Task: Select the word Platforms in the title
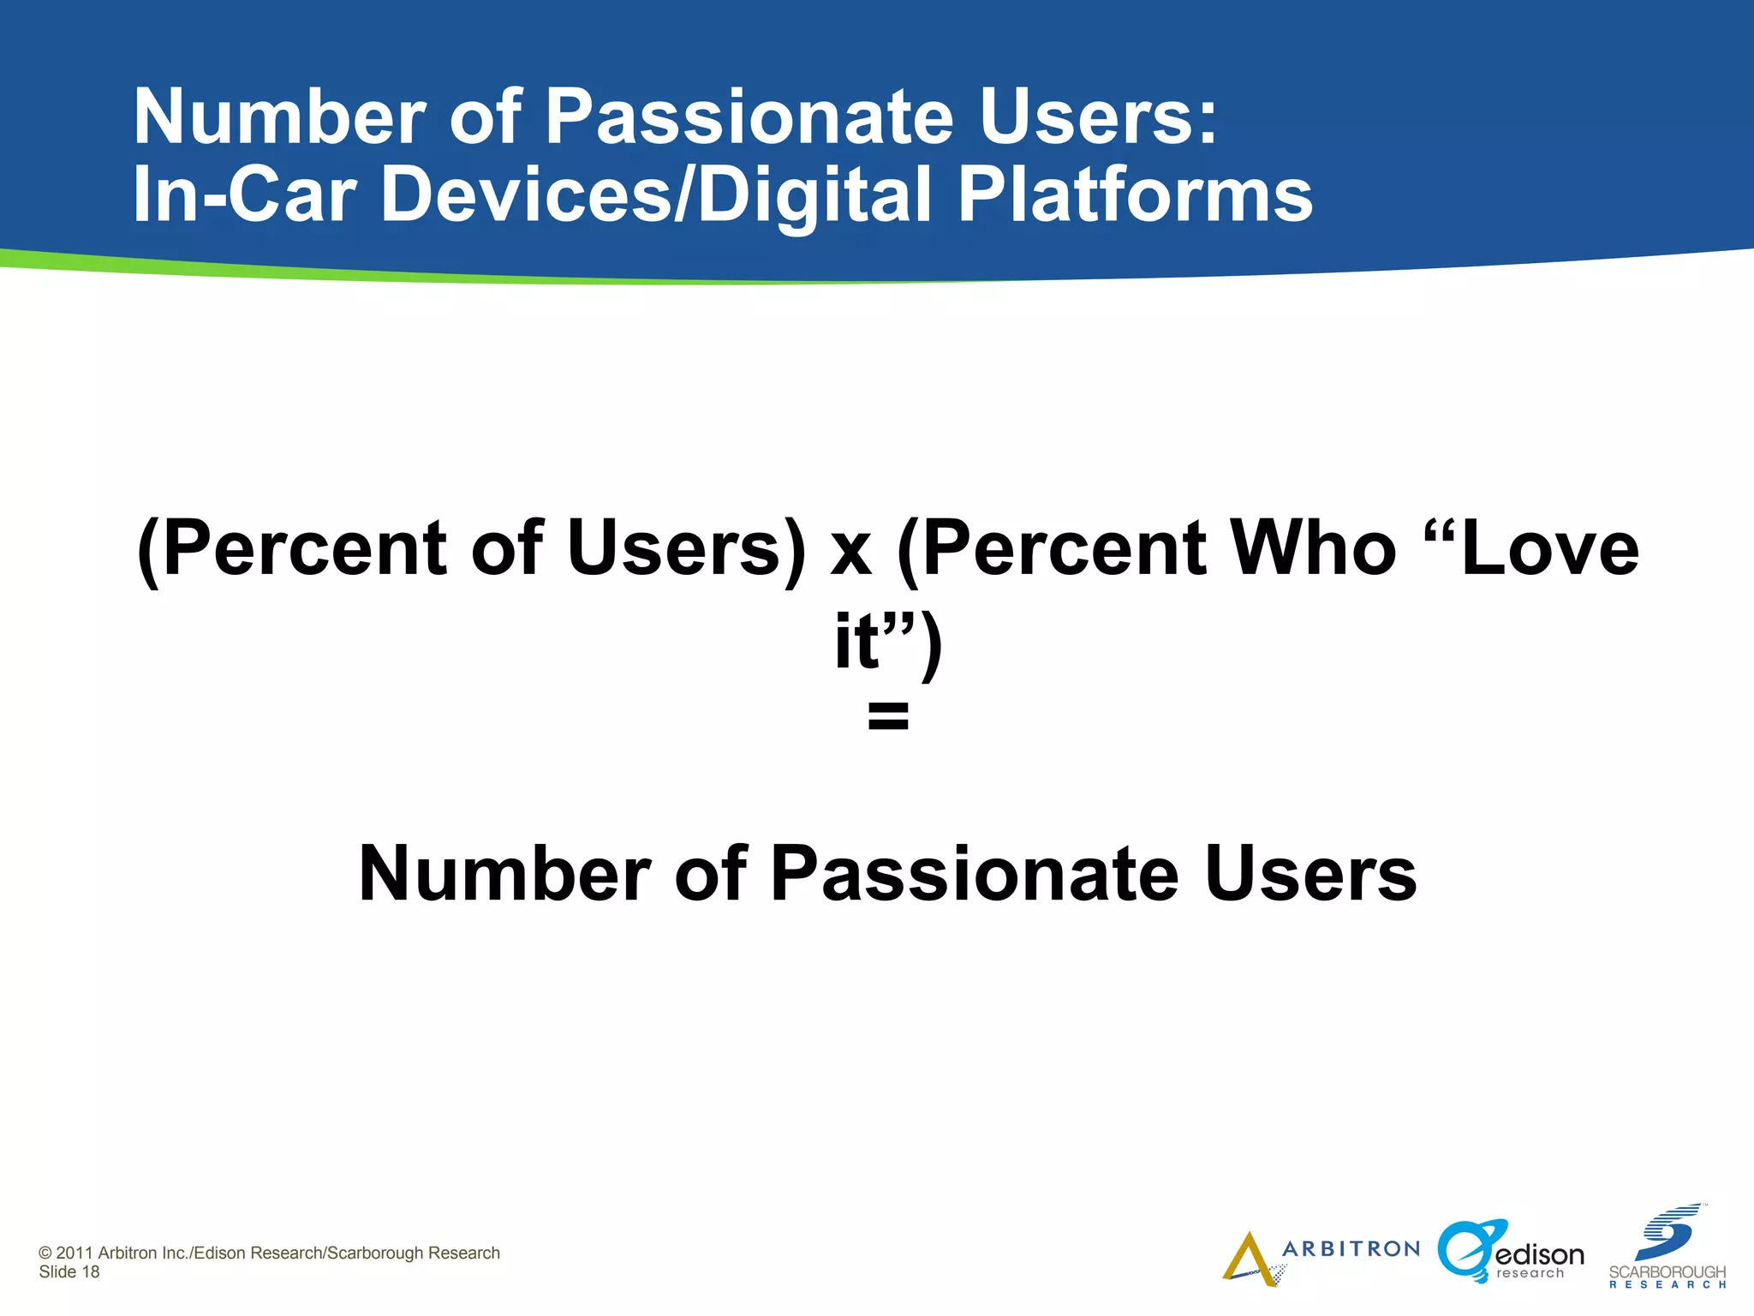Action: point(1134,194)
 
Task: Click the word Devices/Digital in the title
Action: point(655,194)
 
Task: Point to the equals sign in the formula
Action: point(887,715)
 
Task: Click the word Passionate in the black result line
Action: point(975,874)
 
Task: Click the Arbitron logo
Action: point(1319,1256)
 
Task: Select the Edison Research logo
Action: point(1510,1253)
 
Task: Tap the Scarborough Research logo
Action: point(1667,1247)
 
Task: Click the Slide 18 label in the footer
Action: point(69,1272)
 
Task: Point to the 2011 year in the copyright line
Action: point(75,1253)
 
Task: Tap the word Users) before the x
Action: point(685,549)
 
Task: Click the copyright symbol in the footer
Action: point(45,1253)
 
